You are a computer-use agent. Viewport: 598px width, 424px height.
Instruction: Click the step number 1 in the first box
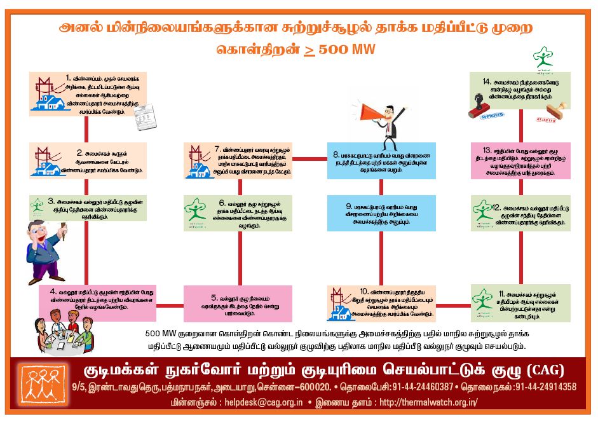(x=67, y=78)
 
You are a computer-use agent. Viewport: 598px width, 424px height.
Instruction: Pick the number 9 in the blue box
(x=349, y=207)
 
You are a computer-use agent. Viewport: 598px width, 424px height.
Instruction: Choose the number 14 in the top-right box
(x=487, y=82)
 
